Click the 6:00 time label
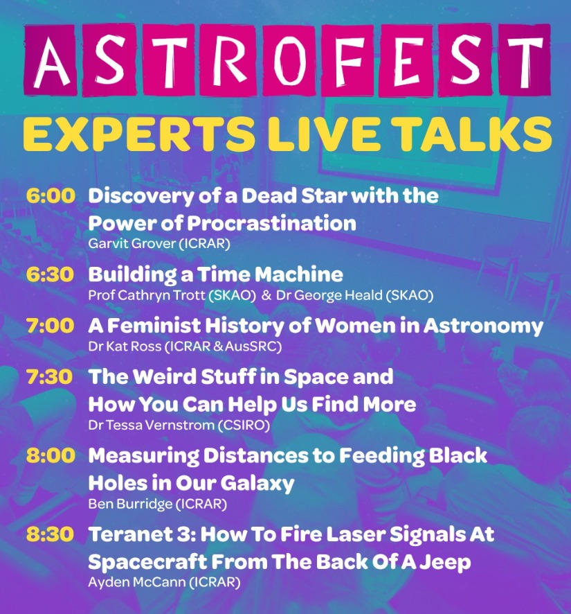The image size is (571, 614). click(51, 195)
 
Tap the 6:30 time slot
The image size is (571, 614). click(50, 274)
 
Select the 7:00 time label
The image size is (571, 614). click(50, 326)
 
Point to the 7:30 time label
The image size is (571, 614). click(50, 377)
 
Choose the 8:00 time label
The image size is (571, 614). click(51, 455)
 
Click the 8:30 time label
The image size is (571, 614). click(50, 534)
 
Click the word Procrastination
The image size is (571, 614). click(271, 223)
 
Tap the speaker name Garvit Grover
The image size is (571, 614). click(132, 243)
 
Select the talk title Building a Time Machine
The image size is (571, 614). click(215, 274)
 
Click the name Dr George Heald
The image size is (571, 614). click(329, 295)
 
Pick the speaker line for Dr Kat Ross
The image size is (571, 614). click(185, 347)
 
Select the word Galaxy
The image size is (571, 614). click(257, 484)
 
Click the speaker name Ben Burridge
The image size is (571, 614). click(130, 504)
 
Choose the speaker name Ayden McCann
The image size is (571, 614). click(136, 582)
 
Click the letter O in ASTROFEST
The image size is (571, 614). click(289, 60)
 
